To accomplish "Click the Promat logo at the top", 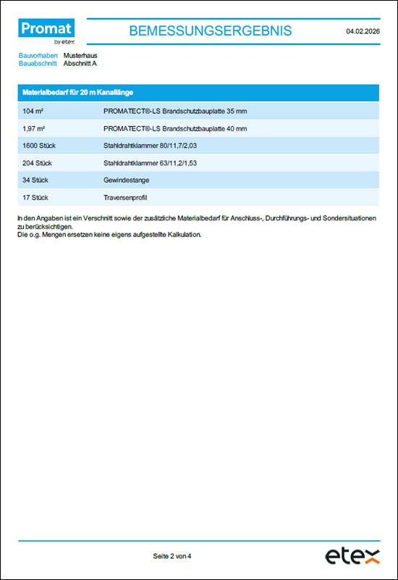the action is (46, 31).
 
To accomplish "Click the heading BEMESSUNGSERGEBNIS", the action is (210, 30).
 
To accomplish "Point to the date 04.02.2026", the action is (363, 31).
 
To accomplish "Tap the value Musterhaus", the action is (80, 55).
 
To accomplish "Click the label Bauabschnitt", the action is (38, 63).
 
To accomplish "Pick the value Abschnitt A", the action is (80, 63).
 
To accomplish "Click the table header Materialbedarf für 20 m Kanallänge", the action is (77, 93).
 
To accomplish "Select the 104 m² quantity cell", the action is (33, 111).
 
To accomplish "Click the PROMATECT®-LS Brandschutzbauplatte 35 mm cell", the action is (175, 111).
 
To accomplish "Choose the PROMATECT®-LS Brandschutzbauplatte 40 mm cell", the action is (175, 128).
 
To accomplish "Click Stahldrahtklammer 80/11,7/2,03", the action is (151, 146).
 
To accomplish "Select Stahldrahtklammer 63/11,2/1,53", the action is (151, 163).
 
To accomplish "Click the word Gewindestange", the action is (127, 180).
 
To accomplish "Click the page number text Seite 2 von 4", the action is (172, 556).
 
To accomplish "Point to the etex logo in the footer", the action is (352, 556).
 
